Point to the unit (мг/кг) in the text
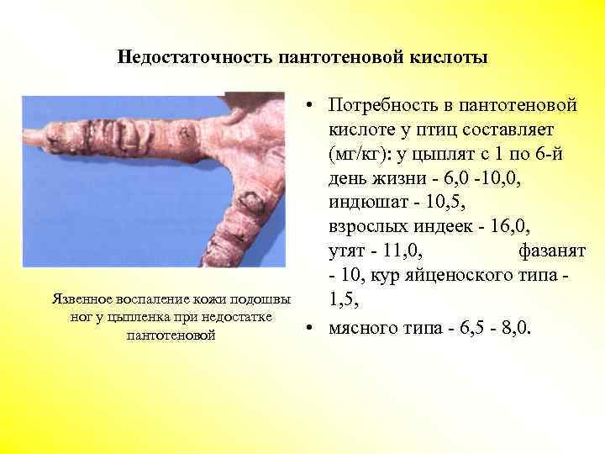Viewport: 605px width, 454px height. pyautogui.click(x=357, y=155)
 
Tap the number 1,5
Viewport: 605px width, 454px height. pyautogui.click(x=345, y=297)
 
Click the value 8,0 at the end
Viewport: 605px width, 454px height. pyautogui.click(x=515, y=327)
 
